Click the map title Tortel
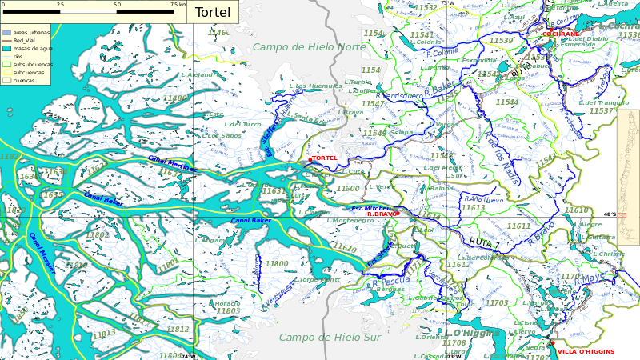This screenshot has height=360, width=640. click(x=212, y=13)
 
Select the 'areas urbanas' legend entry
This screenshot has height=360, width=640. click(x=31, y=32)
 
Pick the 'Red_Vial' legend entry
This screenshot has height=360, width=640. click(x=24, y=40)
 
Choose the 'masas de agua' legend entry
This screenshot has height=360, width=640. click(x=33, y=49)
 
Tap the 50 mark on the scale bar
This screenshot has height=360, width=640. click(x=117, y=5)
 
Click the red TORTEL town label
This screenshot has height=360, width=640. click(x=324, y=158)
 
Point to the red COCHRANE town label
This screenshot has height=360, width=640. click(x=560, y=34)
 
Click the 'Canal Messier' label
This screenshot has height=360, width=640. click(x=42, y=253)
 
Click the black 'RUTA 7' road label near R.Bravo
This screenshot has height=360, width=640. click(x=484, y=242)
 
